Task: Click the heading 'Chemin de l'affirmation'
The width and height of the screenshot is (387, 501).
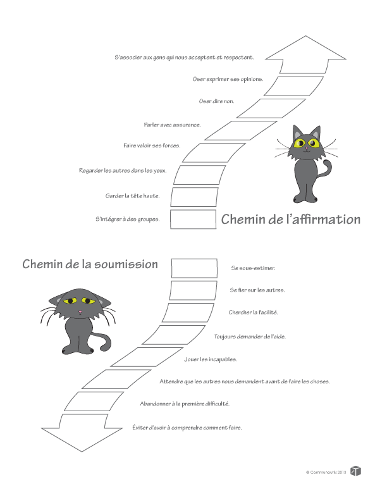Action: [291, 220]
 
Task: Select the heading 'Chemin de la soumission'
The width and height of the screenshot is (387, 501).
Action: [90, 264]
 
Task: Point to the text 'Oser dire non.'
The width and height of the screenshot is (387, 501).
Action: [216, 101]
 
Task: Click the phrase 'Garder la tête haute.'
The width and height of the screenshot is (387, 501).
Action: [132, 195]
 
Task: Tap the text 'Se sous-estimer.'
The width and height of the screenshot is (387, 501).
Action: [253, 268]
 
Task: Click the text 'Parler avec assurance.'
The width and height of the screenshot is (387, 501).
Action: [172, 125]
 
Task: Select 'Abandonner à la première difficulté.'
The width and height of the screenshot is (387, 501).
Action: [185, 404]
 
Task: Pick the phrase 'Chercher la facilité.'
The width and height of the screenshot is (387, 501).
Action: [254, 312]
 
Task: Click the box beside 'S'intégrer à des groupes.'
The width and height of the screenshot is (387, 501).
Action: [194, 219]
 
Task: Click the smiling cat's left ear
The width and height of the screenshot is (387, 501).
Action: [296, 132]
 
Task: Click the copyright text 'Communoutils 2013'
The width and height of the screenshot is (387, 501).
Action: [326, 473]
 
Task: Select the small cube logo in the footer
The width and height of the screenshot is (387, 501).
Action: [356, 471]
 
